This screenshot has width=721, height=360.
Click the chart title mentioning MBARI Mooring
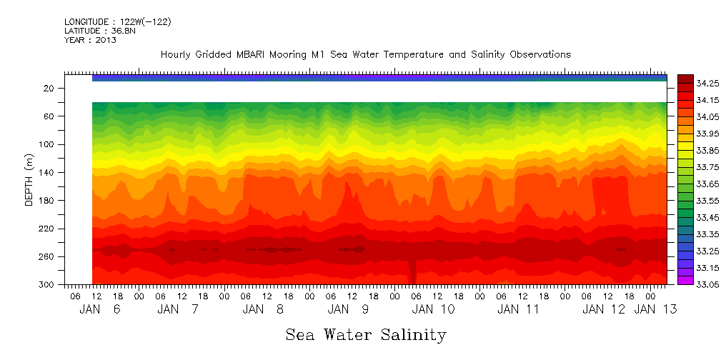365,55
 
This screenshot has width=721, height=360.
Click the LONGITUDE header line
117,22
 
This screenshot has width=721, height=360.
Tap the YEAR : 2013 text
90,40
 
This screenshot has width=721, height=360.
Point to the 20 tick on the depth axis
49,88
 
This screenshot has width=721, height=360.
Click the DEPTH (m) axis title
29,182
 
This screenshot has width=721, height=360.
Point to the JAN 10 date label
433,309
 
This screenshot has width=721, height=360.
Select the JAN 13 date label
655,309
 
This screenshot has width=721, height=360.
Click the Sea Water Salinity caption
366,335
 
